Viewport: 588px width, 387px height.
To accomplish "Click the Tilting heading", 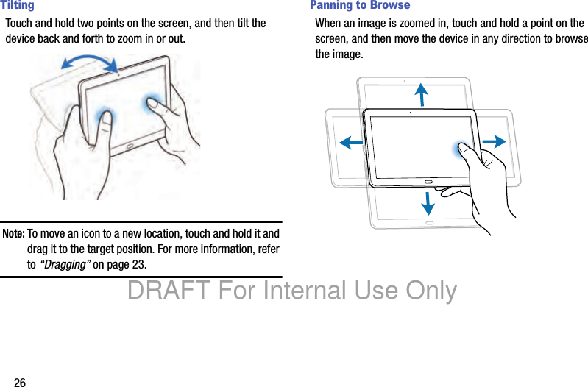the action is [17, 5].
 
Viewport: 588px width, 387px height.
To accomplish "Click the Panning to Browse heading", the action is [360, 5].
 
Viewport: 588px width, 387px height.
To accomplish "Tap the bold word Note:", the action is [13, 234].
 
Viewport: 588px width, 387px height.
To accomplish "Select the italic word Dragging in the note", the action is [65, 264].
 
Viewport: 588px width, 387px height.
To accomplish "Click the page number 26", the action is [20, 382].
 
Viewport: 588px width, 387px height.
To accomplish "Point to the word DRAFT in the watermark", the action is [169, 290].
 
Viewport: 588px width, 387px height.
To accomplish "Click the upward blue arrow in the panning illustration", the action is [422, 94].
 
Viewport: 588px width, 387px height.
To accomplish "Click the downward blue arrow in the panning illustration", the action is [428, 204].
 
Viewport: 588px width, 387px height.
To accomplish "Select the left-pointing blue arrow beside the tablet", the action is [351, 143].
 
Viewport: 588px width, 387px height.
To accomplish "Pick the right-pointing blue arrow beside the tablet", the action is [495, 141].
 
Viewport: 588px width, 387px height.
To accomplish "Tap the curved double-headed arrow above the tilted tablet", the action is [90, 60].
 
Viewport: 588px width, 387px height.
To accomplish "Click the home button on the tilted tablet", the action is [130, 146].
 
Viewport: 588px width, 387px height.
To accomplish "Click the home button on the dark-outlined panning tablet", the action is [428, 182].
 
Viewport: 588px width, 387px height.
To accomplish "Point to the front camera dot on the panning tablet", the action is [411, 113].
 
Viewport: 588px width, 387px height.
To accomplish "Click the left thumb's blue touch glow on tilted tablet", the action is [105, 117].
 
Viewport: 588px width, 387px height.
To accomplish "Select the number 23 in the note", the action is [139, 264].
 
